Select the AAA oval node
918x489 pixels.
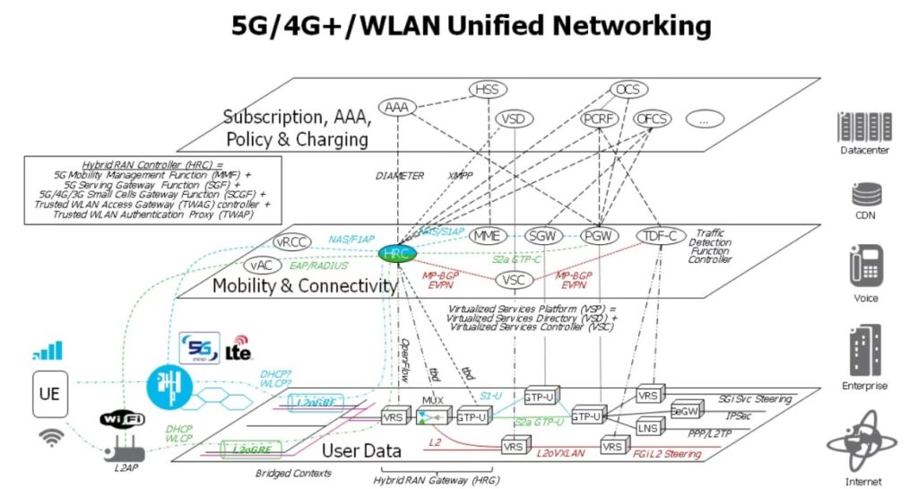pyautogui.click(x=395, y=108)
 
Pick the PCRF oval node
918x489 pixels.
pyautogui.click(x=597, y=118)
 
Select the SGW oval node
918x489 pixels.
pyautogui.click(x=543, y=235)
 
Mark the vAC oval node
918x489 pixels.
pyautogui.click(x=261, y=266)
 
